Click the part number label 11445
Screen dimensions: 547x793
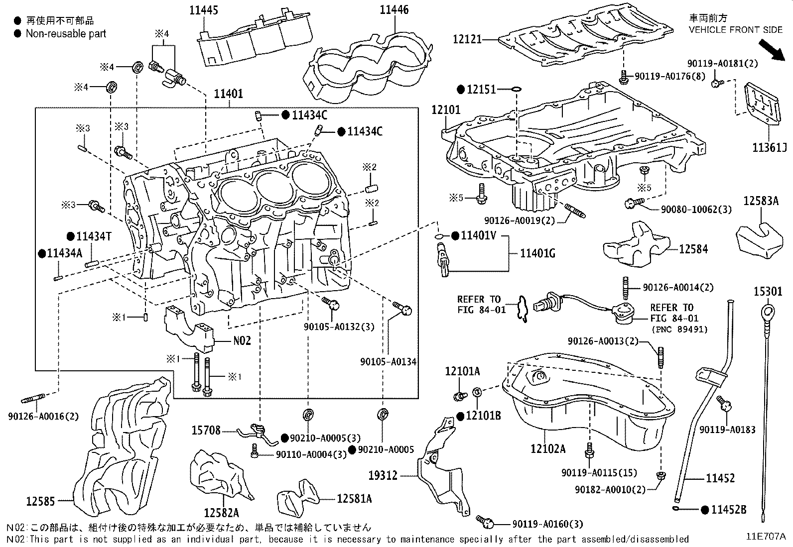click(204, 10)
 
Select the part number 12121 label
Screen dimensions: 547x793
click(467, 39)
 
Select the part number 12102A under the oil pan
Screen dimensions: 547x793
click(548, 449)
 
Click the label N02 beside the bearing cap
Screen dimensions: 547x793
click(242, 341)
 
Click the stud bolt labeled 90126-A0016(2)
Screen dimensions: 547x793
click(33, 398)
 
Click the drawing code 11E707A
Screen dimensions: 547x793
click(766, 536)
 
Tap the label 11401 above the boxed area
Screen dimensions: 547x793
click(229, 94)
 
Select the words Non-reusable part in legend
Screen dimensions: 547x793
click(66, 34)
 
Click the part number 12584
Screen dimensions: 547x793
click(693, 249)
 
